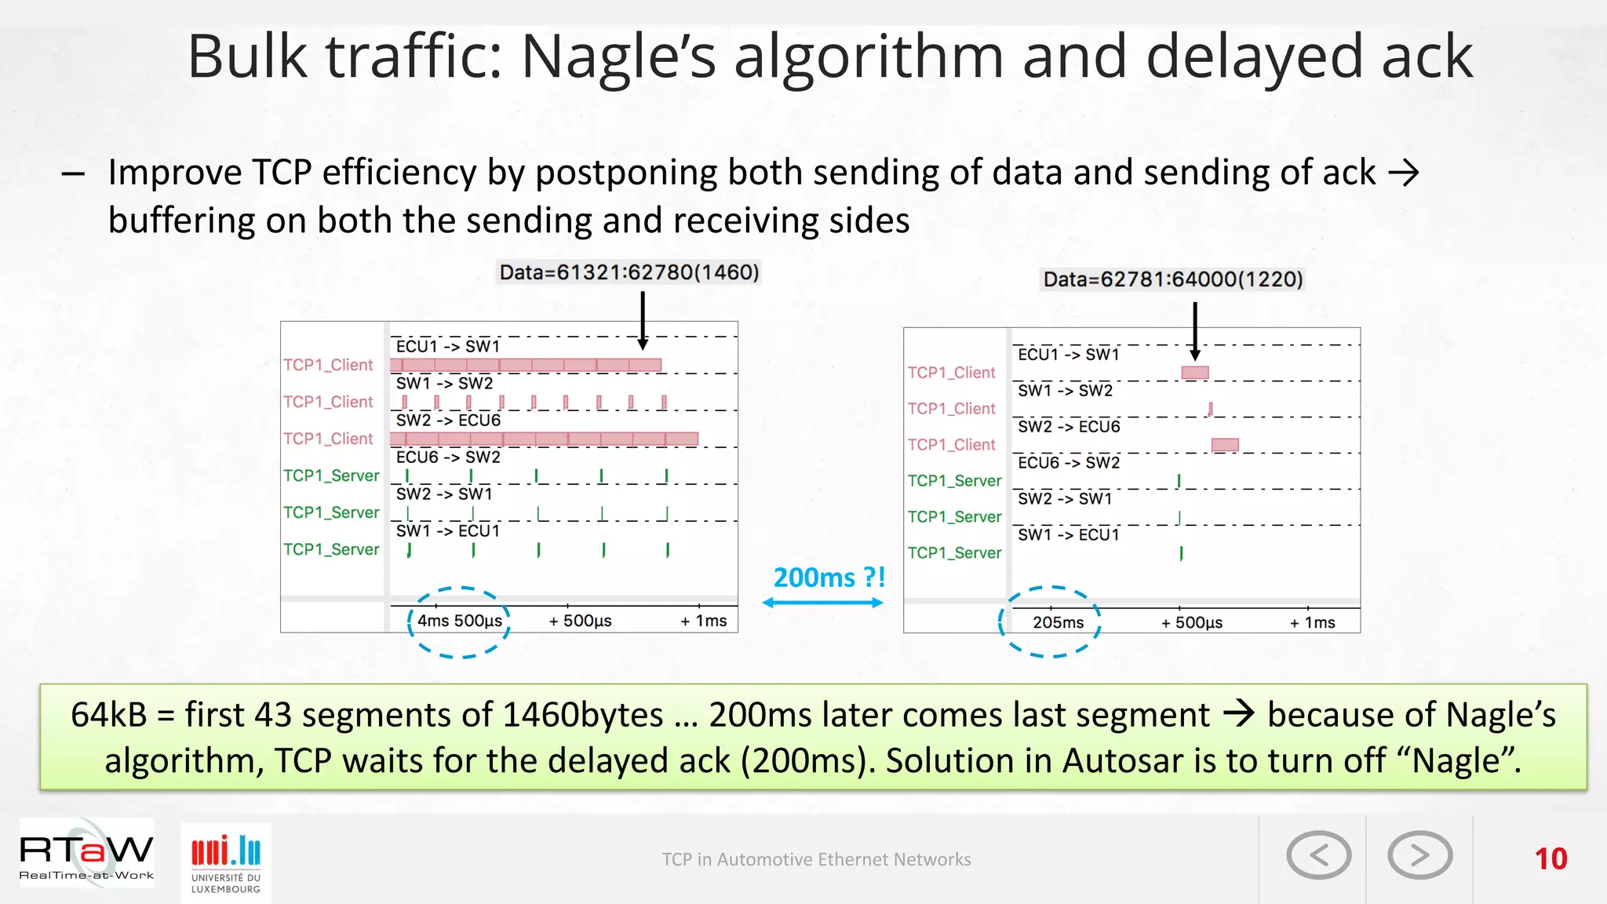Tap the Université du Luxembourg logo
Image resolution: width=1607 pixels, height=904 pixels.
(226, 862)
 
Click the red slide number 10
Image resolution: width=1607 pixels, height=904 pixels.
(1551, 858)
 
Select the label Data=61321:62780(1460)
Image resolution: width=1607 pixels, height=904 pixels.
(629, 272)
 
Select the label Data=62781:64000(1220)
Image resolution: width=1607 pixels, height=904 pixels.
(1172, 279)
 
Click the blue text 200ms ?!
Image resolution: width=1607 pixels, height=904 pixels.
(829, 578)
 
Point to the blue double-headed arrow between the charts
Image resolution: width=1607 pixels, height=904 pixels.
(822, 603)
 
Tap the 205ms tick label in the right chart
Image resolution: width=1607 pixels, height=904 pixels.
(1058, 622)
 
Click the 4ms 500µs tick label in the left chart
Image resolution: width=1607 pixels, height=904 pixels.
(460, 621)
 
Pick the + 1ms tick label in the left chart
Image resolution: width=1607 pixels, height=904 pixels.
(704, 621)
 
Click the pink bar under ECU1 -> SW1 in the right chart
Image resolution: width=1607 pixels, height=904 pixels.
(1194, 373)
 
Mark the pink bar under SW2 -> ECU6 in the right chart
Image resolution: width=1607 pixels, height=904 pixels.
(1225, 445)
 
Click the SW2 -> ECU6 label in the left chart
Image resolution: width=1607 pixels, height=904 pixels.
(448, 421)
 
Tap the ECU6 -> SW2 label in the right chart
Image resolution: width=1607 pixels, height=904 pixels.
(1069, 463)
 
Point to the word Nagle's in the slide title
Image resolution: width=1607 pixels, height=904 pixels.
(618, 56)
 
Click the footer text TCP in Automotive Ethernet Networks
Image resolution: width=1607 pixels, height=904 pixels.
(816, 859)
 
